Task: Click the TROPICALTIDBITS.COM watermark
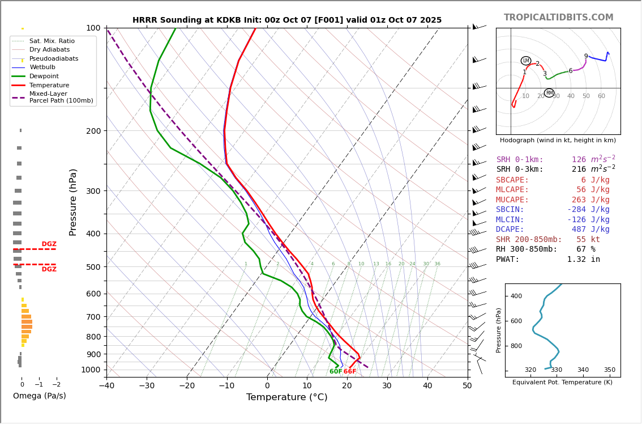(x=558, y=18)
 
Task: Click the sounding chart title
(x=287, y=20)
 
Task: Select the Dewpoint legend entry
(x=44, y=76)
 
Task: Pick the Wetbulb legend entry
(x=42, y=67)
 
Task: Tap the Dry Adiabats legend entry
(x=49, y=50)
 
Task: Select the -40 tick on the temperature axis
(x=106, y=386)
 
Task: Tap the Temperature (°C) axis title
(x=286, y=397)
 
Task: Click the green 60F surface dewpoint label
(x=336, y=372)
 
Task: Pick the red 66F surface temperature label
(x=350, y=372)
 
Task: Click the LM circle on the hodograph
(x=526, y=61)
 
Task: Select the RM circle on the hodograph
(x=549, y=93)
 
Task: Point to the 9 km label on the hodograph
(x=586, y=56)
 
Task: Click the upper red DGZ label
(x=49, y=244)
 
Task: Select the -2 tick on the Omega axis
(x=56, y=384)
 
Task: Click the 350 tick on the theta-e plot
(x=609, y=370)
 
